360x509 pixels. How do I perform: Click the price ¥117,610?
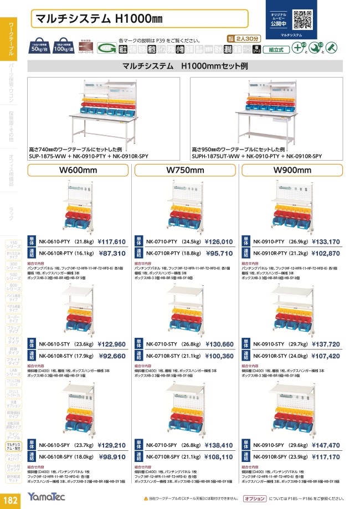112,241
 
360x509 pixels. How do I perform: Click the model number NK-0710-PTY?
162,241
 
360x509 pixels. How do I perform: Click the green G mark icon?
110,49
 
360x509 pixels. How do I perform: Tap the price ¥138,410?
219,444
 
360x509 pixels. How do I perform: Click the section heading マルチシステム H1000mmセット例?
186,66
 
